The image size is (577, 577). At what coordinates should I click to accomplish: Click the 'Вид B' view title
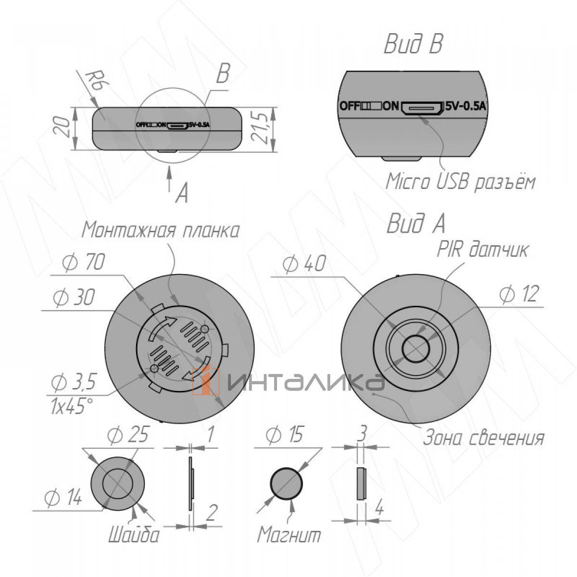pos(413,44)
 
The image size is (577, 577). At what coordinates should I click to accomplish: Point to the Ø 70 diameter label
pos(84,262)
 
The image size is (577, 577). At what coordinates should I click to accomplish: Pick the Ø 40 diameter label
pos(304,264)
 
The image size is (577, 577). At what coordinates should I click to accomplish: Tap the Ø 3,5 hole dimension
pos(73,383)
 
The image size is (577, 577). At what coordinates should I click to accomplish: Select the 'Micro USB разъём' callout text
pos(460,181)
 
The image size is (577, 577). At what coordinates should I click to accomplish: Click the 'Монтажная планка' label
pos(161,230)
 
